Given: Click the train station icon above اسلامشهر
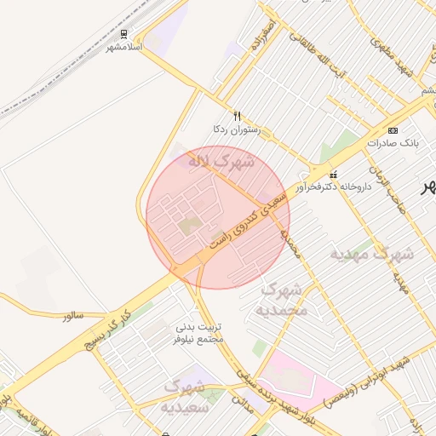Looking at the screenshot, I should (x=124, y=35).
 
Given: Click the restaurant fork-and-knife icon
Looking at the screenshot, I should (x=237, y=116).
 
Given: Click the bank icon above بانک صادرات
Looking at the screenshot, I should (x=393, y=130).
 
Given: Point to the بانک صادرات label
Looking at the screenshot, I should (x=393, y=143).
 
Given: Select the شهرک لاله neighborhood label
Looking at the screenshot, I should (x=221, y=159).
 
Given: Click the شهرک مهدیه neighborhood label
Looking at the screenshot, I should (x=371, y=254).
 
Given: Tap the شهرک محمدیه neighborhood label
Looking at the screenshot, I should (x=284, y=299).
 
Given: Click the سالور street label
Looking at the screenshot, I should (x=72, y=315).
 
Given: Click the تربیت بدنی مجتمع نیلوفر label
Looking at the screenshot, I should (x=198, y=332).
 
